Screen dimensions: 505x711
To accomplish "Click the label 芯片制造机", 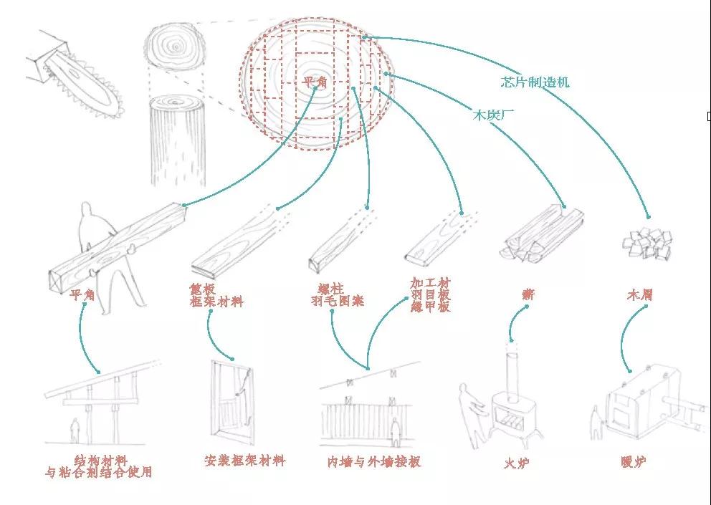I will point(535,82).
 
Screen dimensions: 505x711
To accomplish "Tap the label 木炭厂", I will point(492,113).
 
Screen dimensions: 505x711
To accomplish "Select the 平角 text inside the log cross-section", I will point(313,82).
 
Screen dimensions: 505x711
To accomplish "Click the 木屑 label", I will point(639,294).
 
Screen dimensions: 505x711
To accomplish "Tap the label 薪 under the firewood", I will point(528,294).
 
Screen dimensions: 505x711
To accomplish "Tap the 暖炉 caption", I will point(633,461).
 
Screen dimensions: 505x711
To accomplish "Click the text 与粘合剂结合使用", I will point(98,472).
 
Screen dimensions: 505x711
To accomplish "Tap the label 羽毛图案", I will point(337,301).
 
